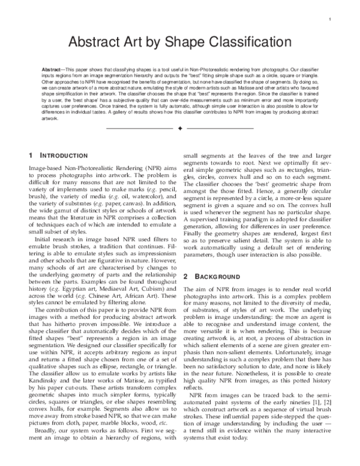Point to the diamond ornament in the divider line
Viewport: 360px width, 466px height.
pos(180,128)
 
